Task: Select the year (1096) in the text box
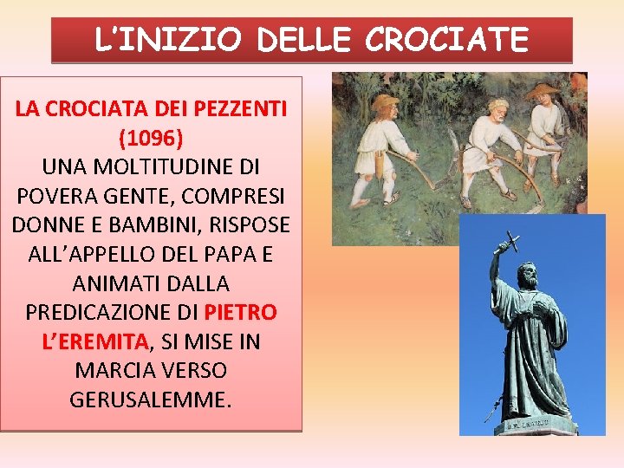(x=152, y=137)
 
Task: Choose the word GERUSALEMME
(x=152, y=400)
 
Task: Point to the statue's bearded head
(x=527, y=276)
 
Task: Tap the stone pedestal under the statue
(x=536, y=426)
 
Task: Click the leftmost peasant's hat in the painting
(x=384, y=101)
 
